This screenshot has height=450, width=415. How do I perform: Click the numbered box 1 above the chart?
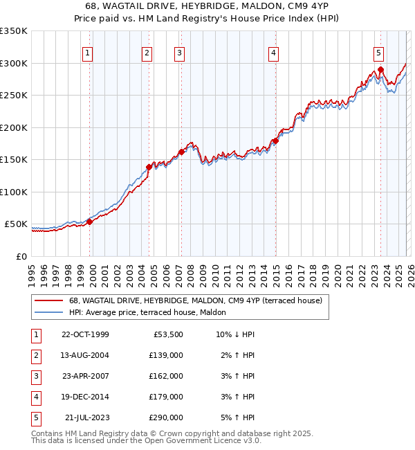coord(89,53)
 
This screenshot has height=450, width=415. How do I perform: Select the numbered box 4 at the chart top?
coord(274,53)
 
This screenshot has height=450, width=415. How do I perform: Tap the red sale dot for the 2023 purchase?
coord(380,70)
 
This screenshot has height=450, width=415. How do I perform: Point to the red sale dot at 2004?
coord(149,167)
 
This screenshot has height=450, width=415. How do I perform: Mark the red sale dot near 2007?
coord(181,152)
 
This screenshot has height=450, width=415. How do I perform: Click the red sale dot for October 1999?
coord(89,222)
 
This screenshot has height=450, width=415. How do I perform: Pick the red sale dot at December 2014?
coord(275,141)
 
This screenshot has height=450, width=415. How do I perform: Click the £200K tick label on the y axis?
coord(14,127)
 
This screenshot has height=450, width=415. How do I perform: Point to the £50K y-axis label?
coord(16,224)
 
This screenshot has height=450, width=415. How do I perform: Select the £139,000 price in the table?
coord(166,355)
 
